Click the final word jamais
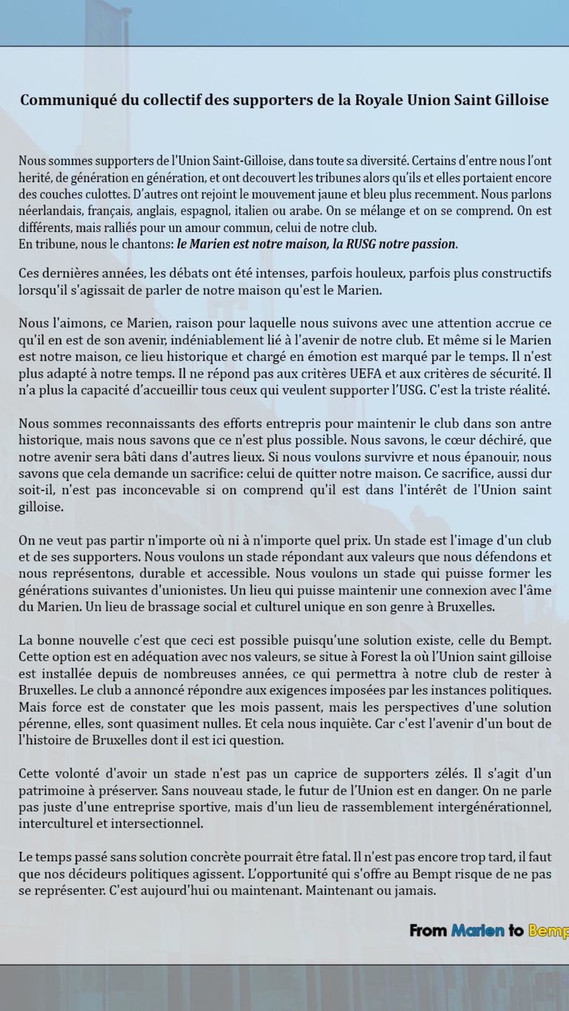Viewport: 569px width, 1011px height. tap(415, 891)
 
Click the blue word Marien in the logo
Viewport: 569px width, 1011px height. tap(477, 931)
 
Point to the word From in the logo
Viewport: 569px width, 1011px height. tap(428, 931)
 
